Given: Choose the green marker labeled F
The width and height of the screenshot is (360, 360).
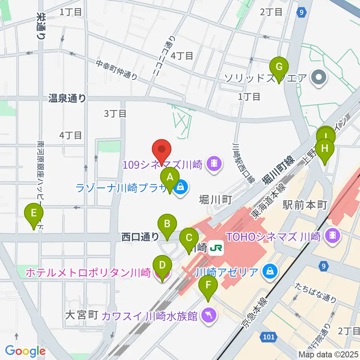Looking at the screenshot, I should (x=208, y=288).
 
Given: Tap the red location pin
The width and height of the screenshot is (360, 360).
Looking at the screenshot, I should (x=162, y=151).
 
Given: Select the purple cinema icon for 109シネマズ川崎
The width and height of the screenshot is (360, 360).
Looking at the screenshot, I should (x=214, y=164).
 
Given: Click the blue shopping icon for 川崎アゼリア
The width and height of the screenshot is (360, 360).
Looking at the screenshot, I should (x=270, y=271).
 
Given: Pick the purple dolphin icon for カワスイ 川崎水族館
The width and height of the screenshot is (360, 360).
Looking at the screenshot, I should (x=209, y=315).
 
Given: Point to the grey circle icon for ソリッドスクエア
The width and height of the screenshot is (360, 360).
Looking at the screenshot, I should (x=319, y=78).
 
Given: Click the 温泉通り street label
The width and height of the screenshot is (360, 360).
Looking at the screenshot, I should (x=67, y=99).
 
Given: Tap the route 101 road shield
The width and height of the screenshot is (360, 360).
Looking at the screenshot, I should (x=268, y=337).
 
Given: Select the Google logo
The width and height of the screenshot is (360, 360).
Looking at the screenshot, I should (x=25, y=351).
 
